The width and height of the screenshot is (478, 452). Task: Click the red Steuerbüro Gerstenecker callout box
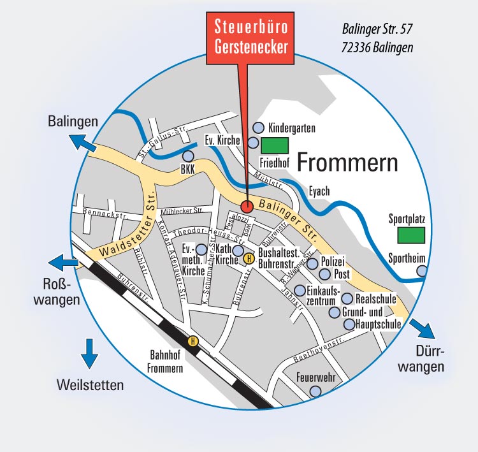coord(249,38)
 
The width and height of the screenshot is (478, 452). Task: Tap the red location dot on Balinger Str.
coord(247,206)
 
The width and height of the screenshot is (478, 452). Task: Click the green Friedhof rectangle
coord(275,145)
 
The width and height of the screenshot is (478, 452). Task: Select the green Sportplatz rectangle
coord(412,235)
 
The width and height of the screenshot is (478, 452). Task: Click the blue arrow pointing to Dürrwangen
coord(422,329)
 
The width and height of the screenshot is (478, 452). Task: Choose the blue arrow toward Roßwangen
coord(64,261)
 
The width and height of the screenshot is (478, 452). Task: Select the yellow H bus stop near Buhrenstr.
coord(249,259)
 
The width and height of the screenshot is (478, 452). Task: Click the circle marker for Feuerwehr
coord(314,391)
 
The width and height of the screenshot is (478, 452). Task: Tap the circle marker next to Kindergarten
coord(259,128)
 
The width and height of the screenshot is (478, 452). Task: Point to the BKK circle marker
coord(187,156)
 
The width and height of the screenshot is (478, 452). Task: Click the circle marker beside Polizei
coord(312,263)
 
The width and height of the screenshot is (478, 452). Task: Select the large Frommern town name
coord(347,163)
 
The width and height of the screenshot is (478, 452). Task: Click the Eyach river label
coord(321,190)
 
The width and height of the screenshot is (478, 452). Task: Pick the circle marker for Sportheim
coord(422,271)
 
